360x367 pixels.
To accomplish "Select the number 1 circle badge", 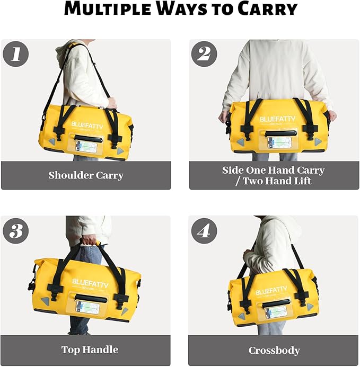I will (x=15, y=53).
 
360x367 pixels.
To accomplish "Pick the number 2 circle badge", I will (x=204, y=53).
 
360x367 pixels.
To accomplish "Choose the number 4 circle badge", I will (x=204, y=231).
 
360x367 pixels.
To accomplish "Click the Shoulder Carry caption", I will (x=86, y=175).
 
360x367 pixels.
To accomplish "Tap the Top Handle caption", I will (x=90, y=350).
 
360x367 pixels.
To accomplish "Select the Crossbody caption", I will (x=274, y=351).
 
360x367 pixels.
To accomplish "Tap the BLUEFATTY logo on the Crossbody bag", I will (x=274, y=291).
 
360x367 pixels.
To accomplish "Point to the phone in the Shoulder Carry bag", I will (x=86, y=147).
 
